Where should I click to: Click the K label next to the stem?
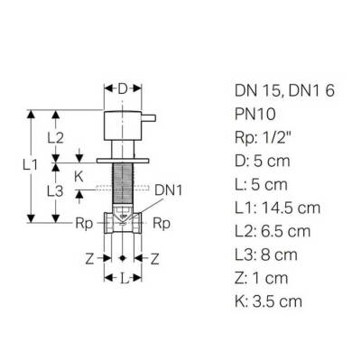[x=79, y=178]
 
